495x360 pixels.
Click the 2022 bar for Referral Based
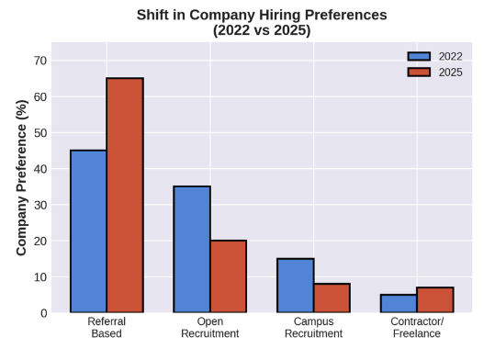[88, 231]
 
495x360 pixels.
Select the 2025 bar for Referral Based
[125, 196]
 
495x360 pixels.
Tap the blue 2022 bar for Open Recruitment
[192, 250]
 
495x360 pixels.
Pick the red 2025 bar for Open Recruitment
[228, 276]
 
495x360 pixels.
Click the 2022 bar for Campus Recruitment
[296, 286]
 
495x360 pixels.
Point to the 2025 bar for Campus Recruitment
[332, 298]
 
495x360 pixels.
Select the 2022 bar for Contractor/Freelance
[399, 303]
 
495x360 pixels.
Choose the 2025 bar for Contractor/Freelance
[435, 300]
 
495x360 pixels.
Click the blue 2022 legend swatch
[419, 56]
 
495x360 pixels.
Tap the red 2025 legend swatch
[419, 72]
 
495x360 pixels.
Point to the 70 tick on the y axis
[40, 61]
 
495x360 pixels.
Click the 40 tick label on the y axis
[40, 169]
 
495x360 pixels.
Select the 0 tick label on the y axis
[43, 313]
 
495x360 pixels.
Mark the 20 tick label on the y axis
[40, 241]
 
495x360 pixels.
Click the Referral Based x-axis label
[107, 328]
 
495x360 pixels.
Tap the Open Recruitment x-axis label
[210, 328]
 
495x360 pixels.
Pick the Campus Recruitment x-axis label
[313, 328]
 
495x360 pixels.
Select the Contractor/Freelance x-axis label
[417, 328]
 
